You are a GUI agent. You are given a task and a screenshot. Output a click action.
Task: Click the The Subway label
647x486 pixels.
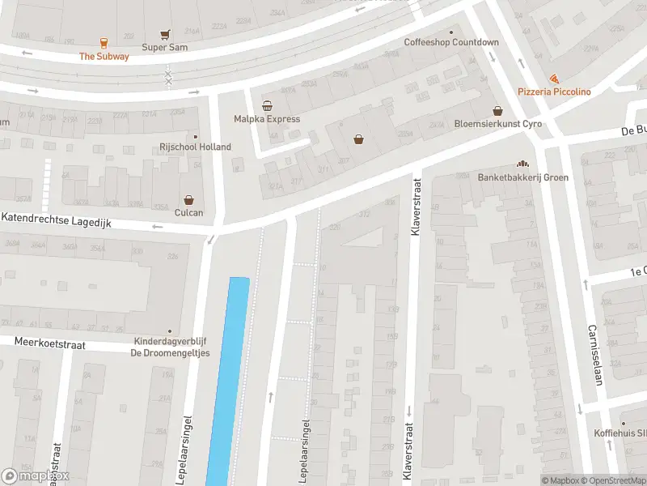[x=104, y=57]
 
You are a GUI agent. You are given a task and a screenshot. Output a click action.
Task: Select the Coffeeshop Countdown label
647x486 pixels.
[x=451, y=42]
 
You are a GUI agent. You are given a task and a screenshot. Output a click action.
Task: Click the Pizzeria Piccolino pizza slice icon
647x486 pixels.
[x=554, y=79]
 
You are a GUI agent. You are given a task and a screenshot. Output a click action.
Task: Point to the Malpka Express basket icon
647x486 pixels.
[x=267, y=106]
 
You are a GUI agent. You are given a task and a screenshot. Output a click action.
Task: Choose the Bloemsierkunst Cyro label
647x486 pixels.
[x=497, y=124]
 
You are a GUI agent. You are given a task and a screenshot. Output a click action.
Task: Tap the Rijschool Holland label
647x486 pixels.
[x=194, y=147]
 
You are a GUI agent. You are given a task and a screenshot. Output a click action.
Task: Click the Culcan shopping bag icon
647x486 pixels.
[x=188, y=199]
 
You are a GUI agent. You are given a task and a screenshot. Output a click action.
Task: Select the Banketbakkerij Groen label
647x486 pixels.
[x=522, y=177]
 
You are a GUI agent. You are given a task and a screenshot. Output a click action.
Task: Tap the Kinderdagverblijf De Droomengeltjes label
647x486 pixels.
[x=170, y=347]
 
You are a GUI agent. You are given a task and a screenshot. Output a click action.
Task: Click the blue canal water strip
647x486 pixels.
[x=228, y=381]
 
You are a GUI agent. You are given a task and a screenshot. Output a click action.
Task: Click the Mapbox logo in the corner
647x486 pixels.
[x=36, y=476]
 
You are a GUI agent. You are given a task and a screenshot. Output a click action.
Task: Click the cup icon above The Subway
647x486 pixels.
[x=104, y=43]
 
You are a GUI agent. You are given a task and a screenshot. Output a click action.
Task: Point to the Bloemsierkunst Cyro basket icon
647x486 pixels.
[x=497, y=111]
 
